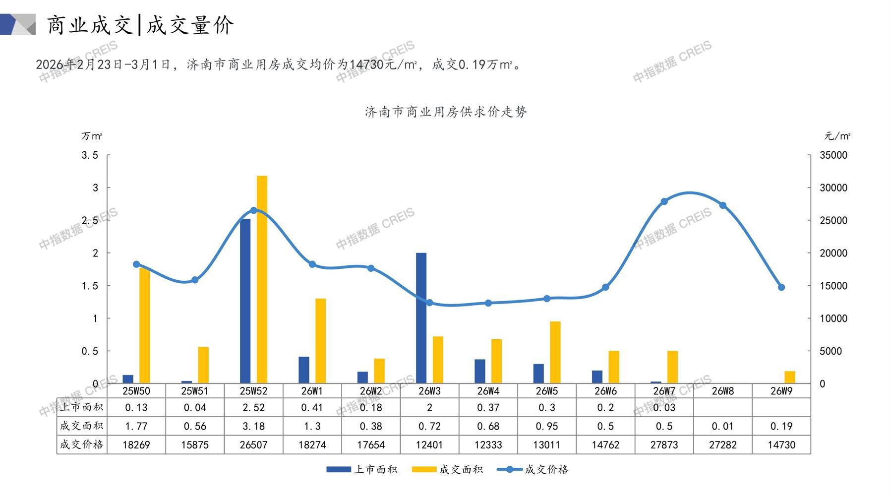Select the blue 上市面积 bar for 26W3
click(x=421, y=318)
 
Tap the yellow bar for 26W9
click(x=790, y=377)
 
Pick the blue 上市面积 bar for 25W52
click(x=245, y=301)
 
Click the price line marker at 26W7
click(x=664, y=201)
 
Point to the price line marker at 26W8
click(x=722, y=205)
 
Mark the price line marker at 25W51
click(x=195, y=280)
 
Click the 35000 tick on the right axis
click(x=833, y=155)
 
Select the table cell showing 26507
click(x=253, y=444)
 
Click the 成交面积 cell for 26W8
click(x=722, y=426)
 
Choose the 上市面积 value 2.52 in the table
click(x=253, y=407)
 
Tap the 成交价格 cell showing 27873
click(x=664, y=444)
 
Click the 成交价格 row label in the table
click(x=82, y=444)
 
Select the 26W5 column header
click(x=546, y=391)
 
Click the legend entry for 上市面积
click(x=362, y=469)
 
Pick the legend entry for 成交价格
click(x=533, y=469)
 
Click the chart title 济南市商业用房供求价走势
click(x=445, y=112)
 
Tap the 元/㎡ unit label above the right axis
click(x=837, y=136)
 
